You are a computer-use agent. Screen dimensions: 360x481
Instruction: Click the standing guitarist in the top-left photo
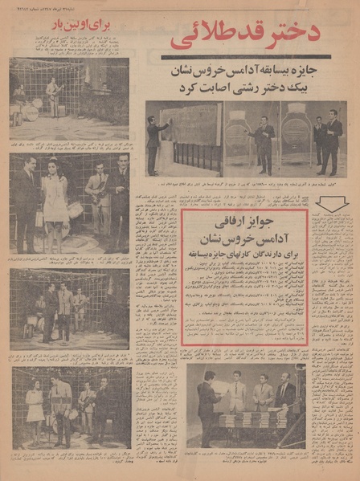coord(55,93)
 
